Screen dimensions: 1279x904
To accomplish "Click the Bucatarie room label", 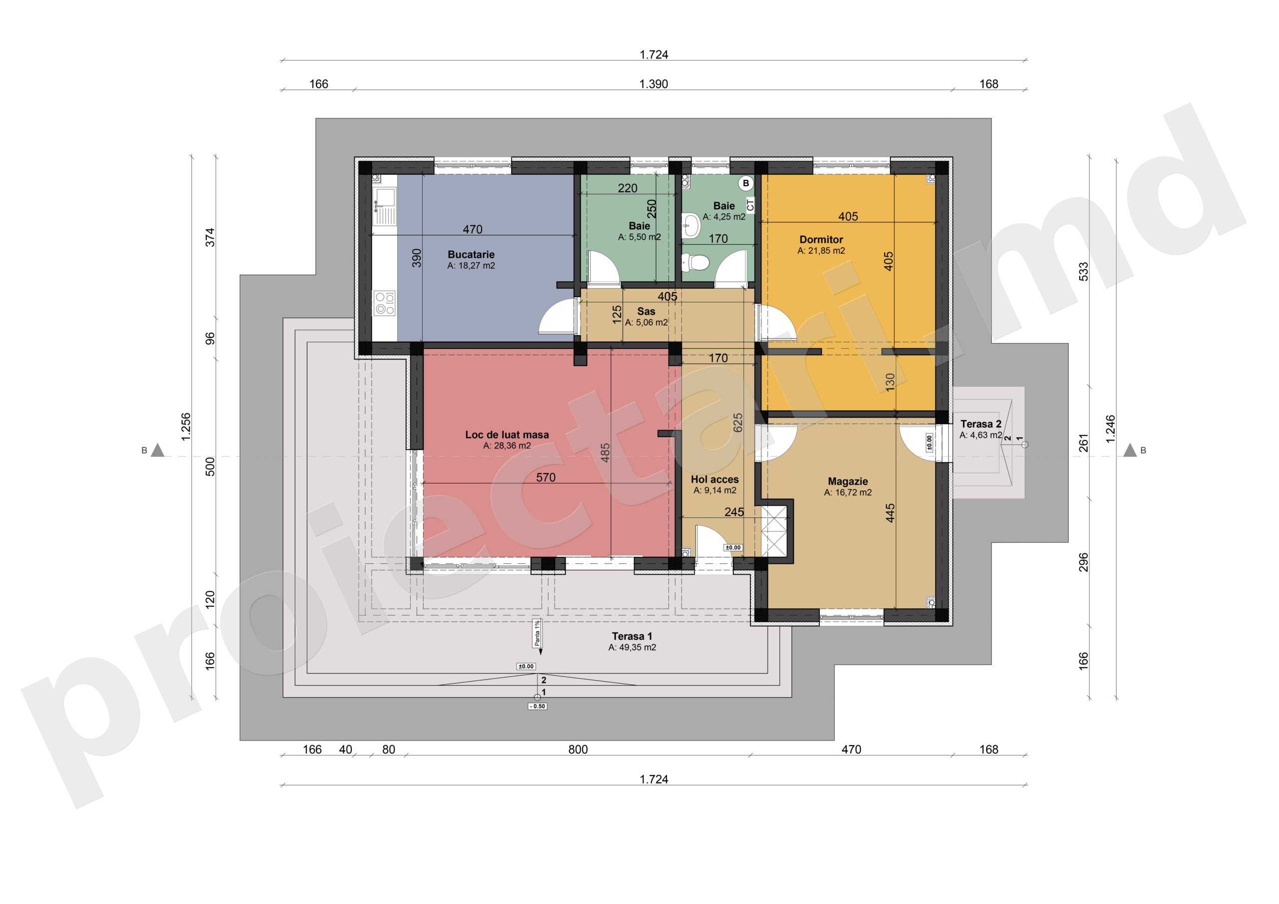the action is pyautogui.click(x=471, y=255).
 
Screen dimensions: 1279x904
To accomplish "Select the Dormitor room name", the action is pyautogui.click(x=821, y=240).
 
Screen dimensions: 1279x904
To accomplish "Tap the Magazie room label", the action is pyautogui.click(x=848, y=481).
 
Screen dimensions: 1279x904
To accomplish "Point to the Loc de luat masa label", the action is pyautogui.click(x=507, y=435).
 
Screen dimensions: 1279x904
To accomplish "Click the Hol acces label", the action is pyautogui.click(x=715, y=479).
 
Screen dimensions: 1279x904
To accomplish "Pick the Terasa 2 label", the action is pyautogui.click(x=981, y=424).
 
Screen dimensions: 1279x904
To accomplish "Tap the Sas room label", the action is pyautogui.click(x=646, y=311).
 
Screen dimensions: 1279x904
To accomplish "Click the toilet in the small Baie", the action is pyautogui.click(x=694, y=262).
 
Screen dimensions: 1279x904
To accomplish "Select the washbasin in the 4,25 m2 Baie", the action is pyautogui.click(x=691, y=226).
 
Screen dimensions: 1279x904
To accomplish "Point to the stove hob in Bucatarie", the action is pyautogui.click(x=384, y=303).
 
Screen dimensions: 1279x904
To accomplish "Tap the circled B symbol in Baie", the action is pyautogui.click(x=745, y=183).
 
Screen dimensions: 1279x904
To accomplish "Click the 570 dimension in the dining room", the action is pyautogui.click(x=546, y=477).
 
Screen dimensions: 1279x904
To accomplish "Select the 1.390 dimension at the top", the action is pyautogui.click(x=653, y=84).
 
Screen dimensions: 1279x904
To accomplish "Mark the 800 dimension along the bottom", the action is pyautogui.click(x=578, y=750).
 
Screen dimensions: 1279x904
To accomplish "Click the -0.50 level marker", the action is pyautogui.click(x=538, y=706).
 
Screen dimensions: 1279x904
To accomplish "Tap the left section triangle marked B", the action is pyautogui.click(x=158, y=451).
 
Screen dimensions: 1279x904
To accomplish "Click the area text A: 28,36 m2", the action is pyautogui.click(x=507, y=446).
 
